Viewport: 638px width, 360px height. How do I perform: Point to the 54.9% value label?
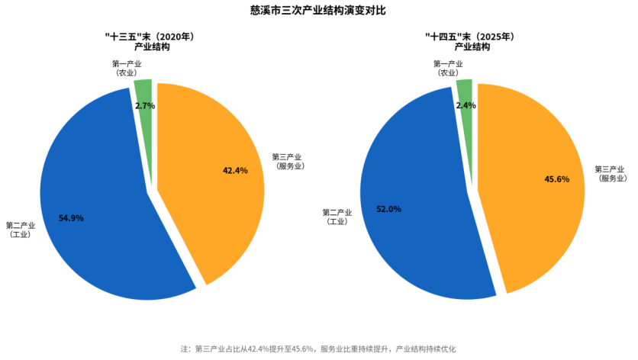pos(71,218)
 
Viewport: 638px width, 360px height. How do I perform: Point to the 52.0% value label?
pos(388,208)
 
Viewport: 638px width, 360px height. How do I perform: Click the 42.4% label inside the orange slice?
pos(235,171)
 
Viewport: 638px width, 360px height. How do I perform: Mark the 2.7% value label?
pos(145,106)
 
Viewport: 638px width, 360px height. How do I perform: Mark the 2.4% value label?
pos(466,105)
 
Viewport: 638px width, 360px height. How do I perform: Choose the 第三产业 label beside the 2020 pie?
pos(288,161)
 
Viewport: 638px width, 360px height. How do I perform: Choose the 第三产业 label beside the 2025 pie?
pos(610,173)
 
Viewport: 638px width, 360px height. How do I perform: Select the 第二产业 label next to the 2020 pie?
pos(21,230)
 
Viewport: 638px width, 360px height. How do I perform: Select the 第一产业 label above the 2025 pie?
pos(449,68)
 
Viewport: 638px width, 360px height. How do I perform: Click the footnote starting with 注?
pos(318,349)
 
